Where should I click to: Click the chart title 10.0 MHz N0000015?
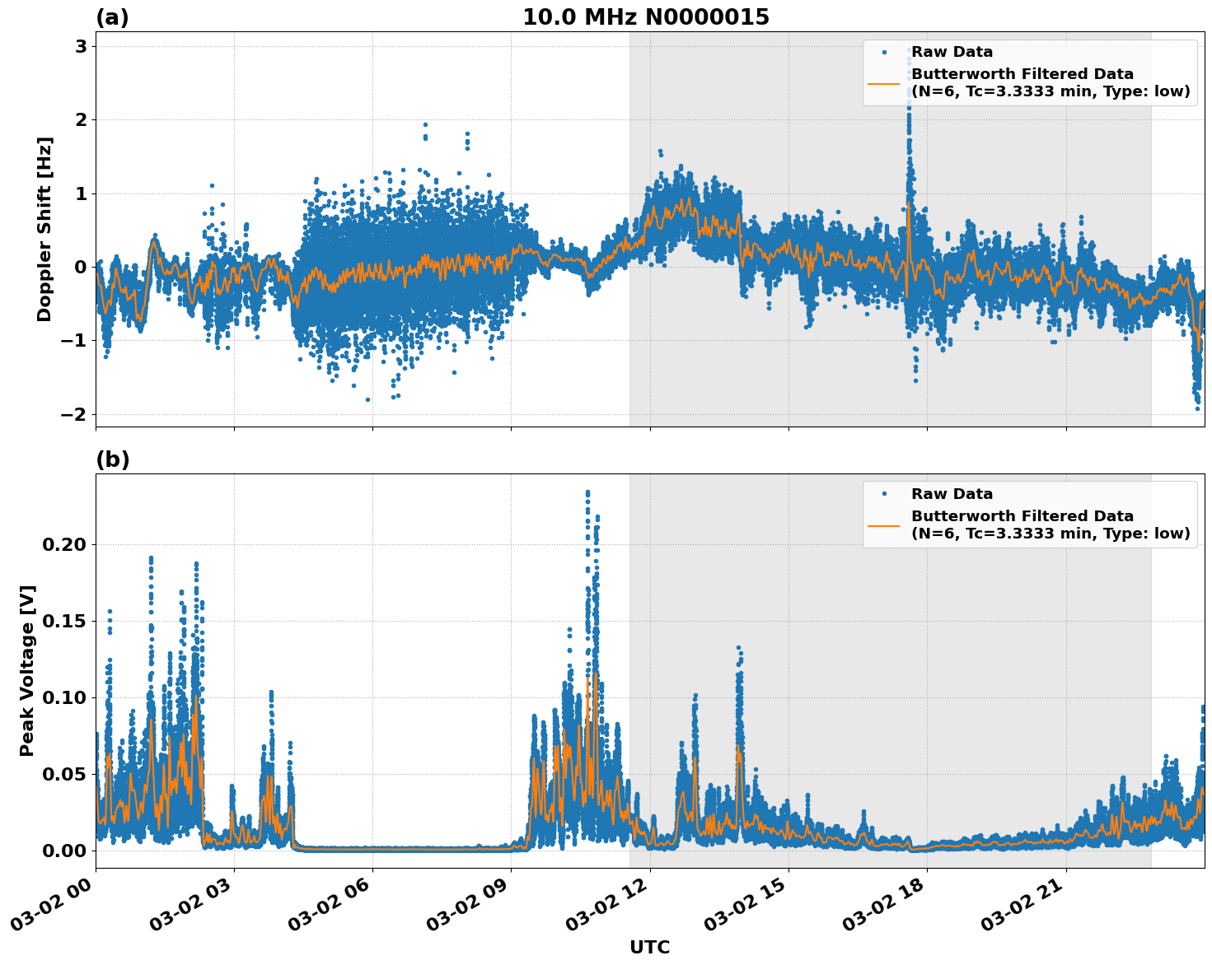pos(645,17)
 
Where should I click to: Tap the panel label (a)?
pos(112,17)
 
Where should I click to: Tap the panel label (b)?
pos(112,459)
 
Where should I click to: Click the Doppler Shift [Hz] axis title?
pos(44,229)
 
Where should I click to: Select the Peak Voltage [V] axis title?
pos(27,670)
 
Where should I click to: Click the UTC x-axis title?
pos(649,947)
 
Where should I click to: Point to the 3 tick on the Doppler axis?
pos(81,46)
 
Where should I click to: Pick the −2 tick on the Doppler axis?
pos(73,414)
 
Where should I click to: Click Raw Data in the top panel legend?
pos(952,52)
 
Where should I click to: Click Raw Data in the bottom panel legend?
pos(952,494)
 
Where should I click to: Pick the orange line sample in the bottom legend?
pos(883,524)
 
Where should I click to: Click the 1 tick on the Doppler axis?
pos(81,193)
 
